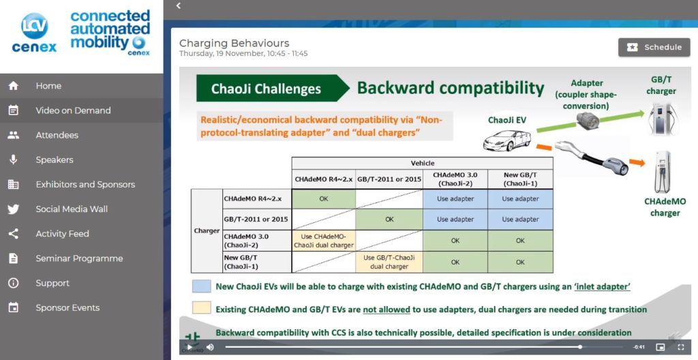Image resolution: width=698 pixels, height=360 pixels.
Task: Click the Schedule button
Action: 654,47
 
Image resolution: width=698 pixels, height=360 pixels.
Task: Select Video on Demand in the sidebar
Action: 73,110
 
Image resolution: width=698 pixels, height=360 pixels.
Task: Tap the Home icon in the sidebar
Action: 14,85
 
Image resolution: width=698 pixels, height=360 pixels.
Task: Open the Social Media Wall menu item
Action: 72,209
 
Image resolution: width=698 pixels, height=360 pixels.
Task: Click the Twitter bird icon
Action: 14,209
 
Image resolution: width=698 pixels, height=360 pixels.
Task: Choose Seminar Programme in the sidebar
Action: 79,258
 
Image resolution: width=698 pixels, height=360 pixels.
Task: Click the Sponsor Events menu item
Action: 67,307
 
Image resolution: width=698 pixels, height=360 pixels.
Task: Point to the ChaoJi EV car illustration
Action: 506,140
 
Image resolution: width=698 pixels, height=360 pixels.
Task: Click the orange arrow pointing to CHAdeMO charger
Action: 637,163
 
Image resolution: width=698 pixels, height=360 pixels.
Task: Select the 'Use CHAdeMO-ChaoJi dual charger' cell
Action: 324,241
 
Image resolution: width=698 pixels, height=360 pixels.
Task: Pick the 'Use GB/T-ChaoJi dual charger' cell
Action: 389,262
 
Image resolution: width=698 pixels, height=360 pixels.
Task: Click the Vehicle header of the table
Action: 423,163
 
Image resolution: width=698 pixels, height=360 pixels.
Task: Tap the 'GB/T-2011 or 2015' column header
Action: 389,179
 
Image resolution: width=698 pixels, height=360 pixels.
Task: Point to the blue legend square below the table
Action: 202,286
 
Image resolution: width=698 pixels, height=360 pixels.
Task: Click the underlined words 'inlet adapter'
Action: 603,286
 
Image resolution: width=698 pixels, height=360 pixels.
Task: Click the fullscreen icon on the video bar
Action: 681,347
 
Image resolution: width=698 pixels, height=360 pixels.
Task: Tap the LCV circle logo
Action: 34,26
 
